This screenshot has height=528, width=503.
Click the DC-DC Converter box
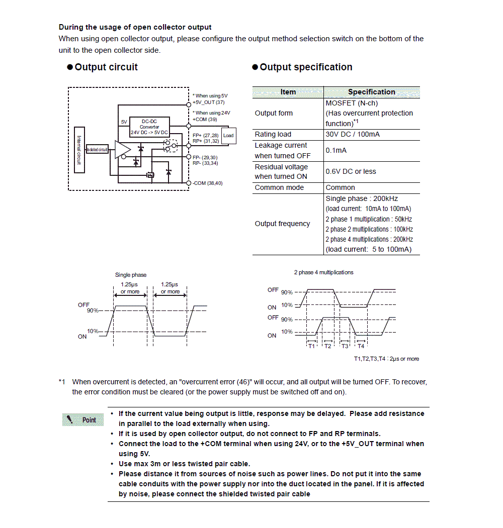[x=149, y=127]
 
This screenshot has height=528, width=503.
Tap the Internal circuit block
[x=79, y=149]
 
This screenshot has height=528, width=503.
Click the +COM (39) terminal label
[x=205, y=120]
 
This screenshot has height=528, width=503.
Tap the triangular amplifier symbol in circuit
[x=122, y=150]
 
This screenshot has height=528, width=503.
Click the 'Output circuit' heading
[x=106, y=67]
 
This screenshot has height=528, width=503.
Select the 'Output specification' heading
[x=306, y=67]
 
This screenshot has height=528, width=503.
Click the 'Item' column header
[x=288, y=92]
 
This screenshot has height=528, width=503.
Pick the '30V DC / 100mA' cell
[x=353, y=134]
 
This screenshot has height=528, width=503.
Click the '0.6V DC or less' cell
[x=351, y=171]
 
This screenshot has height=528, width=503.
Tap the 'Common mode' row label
[x=279, y=187]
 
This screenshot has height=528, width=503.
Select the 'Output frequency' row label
[x=282, y=224]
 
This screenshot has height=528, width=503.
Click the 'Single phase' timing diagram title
[x=131, y=275]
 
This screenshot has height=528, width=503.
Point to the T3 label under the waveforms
[x=345, y=346]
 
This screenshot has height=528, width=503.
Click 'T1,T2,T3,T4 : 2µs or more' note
[x=386, y=359]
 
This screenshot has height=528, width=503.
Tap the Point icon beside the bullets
[x=83, y=419]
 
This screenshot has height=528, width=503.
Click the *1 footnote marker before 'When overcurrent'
[x=62, y=382]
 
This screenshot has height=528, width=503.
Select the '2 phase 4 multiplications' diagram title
[x=323, y=272]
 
